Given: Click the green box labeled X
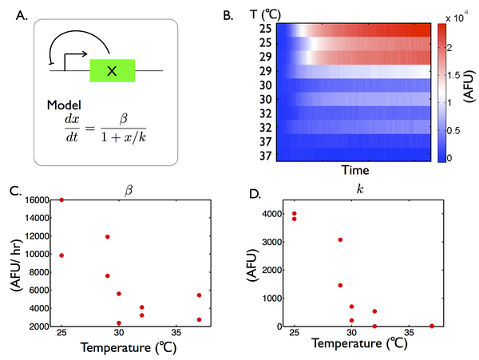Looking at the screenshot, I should [x=113, y=71].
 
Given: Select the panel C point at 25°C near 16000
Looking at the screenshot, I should [x=61, y=200].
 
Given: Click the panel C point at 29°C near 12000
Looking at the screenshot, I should [x=107, y=236].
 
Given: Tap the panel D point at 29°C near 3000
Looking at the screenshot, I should [x=340, y=239].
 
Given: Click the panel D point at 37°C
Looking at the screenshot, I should [x=432, y=326].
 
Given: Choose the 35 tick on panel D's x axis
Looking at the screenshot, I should [x=408, y=333].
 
